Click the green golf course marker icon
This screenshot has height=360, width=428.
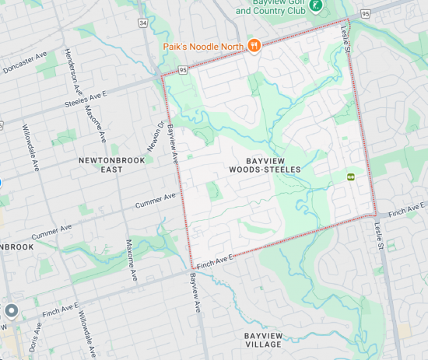(x=316, y=6)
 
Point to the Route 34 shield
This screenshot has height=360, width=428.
(x=143, y=23)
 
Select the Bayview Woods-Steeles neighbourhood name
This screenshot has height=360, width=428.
(x=266, y=164)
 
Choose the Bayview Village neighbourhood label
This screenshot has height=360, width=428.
(x=263, y=340)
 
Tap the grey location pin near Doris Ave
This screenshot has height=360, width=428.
(x=11, y=311)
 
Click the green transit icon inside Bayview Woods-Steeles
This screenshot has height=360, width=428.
(x=351, y=177)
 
